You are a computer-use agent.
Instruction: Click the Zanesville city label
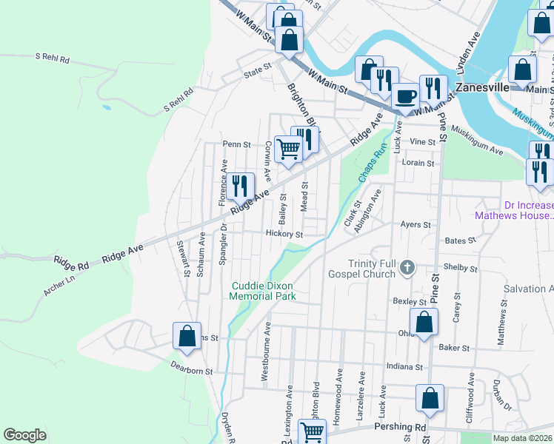pyautogui.click(x=482, y=87)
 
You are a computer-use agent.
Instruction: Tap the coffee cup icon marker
pyautogui.click(x=405, y=95)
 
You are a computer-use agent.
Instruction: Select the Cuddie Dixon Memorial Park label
pyautogui.click(x=264, y=291)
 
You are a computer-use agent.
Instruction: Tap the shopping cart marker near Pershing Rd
pyautogui.click(x=312, y=431)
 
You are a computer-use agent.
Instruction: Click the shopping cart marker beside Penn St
pyautogui.click(x=288, y=149)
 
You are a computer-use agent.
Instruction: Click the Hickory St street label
pyautogui.click(x=284, y=234)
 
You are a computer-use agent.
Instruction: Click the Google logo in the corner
pyautogui.click(x=24, y=435)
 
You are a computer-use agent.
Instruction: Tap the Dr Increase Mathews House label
pyautogui.click(x=518, y=210)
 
